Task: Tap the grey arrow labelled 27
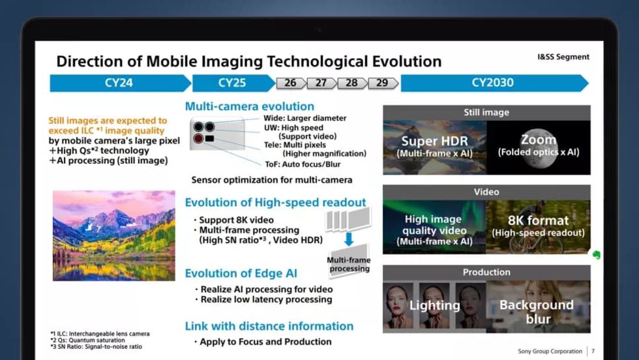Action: click(321, 83)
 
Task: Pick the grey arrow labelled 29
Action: click(383, 83)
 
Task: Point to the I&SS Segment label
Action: click(563, 57)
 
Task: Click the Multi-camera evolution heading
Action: click(249, 106)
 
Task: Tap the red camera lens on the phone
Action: click(198, 139)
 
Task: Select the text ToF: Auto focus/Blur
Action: click(303, 164)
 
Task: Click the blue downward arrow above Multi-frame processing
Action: click(349, 239)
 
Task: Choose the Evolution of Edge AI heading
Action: click(241, 273)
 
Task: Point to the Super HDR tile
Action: click(435, 147)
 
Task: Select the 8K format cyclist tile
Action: click(539, 227)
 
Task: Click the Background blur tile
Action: click(539, 307)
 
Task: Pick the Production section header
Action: click(486, 273)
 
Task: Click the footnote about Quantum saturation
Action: click(87, 340)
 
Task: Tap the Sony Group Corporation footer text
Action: click(550, 351)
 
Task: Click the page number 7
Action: click(593, 351)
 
